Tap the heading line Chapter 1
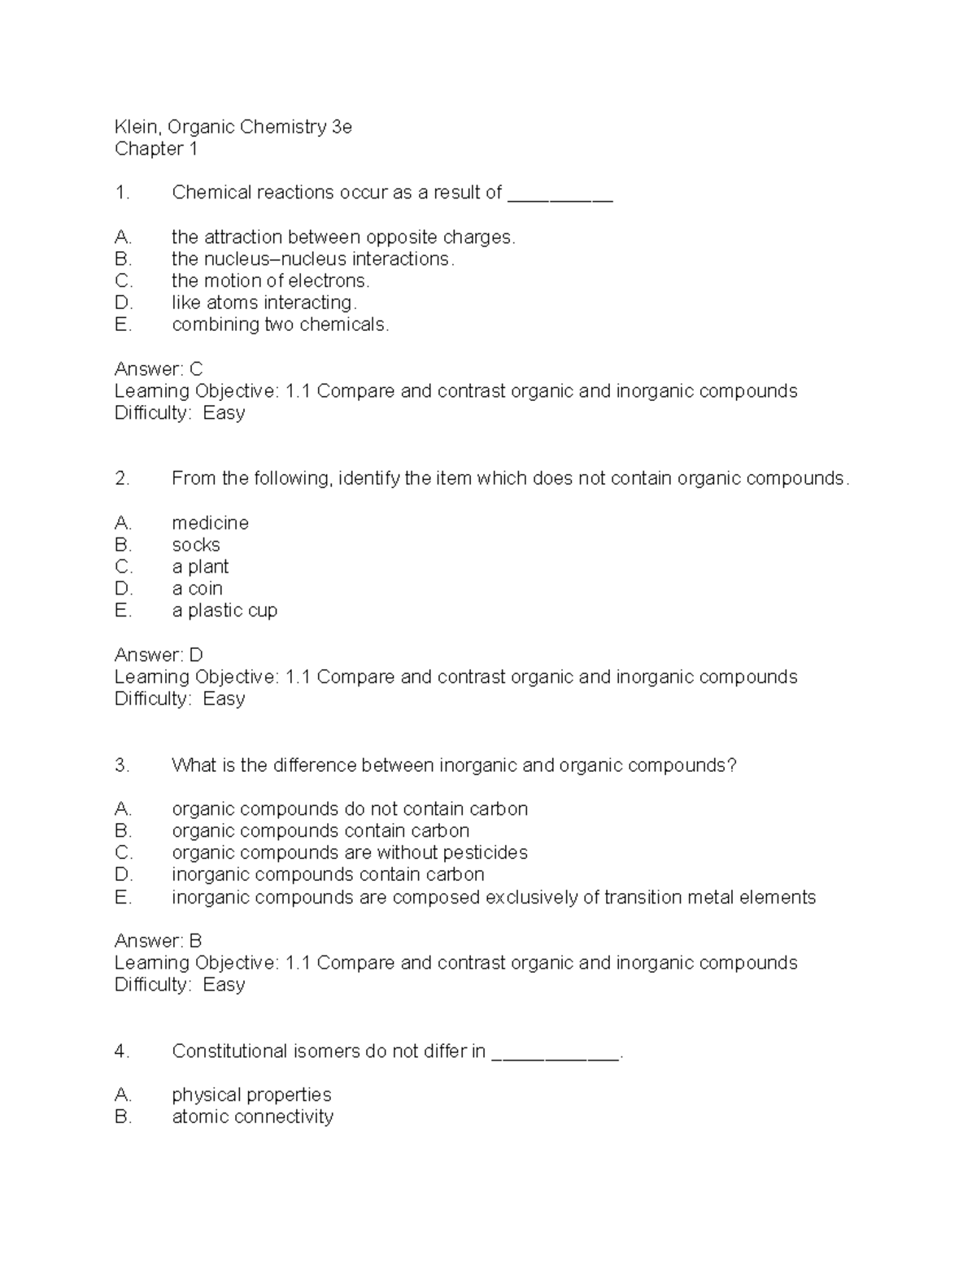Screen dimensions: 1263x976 (x=155, y=149)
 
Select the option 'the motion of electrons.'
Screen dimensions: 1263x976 (x=270, y=281)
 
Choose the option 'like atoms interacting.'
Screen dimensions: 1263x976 (x=264, y=303)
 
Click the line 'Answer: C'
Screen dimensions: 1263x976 (x=159, y=368)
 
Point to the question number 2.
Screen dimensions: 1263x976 (x=122, y=478)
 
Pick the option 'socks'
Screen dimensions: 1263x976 (x=195, y=545)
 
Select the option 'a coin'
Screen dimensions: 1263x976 (x=197, y=589)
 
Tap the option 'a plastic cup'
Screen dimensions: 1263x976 (x=224, y=611)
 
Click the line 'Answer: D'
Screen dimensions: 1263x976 (x=159, y=655)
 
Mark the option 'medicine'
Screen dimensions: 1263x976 (x=210, y=523)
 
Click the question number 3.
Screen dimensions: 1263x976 (x=122, y=765)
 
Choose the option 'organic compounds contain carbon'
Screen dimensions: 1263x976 (x=320, y=831)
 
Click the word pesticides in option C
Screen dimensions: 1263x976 (x=482, y=853)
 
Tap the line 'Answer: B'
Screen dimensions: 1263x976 (x=158, y=941)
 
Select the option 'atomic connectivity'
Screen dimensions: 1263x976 (x=252, y=1117)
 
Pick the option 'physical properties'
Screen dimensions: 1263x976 (x=251, y=1095)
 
